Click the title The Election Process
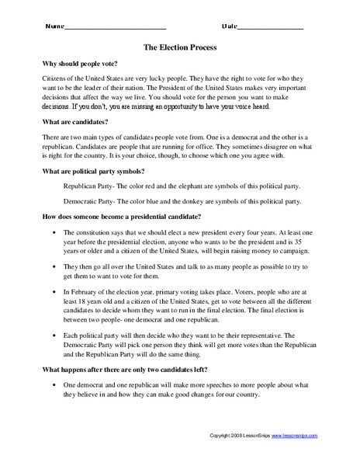(x=179, y=47)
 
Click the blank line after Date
(x=270, y=27)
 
